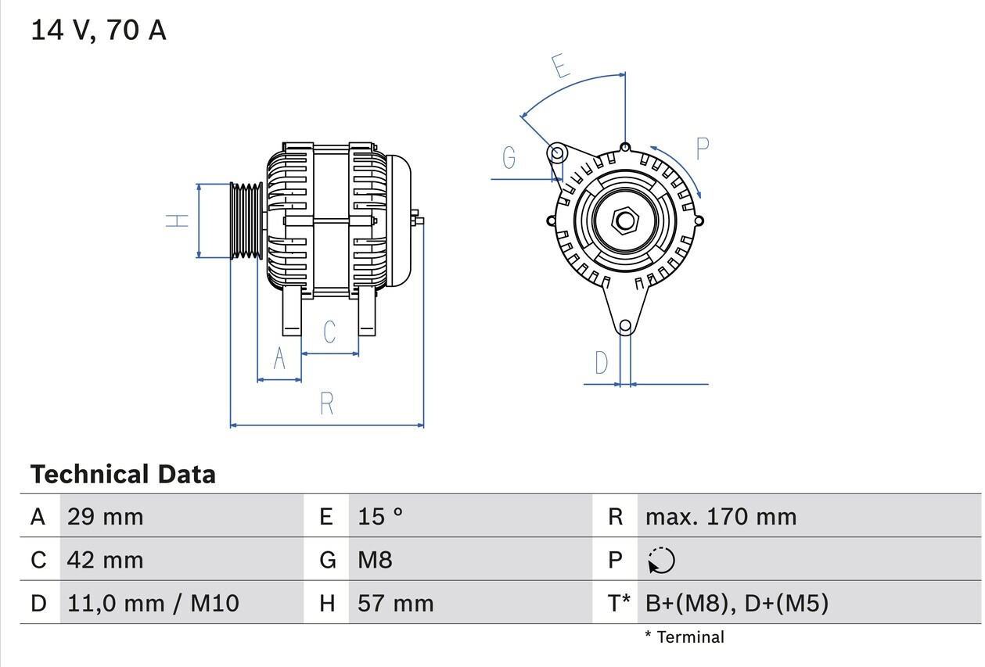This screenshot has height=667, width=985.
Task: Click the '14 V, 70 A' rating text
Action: point(99,30)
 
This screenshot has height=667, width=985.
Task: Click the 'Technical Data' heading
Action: point(123,474)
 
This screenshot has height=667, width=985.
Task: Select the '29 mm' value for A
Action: point(105,516)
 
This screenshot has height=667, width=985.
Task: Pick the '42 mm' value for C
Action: point(105,560)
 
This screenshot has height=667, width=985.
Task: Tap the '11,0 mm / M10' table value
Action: point(153,603)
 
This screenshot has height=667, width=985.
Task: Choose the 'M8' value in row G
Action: point(375,560)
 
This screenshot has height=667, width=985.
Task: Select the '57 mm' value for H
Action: point(395,603)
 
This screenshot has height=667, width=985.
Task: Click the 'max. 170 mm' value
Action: point(721,516)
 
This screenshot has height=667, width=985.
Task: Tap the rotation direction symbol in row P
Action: point(661,561)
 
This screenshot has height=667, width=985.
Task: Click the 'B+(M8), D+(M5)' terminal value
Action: point(736,603)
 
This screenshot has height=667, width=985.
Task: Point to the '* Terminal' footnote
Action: point(685,637)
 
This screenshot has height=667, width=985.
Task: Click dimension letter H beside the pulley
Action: point(178,221)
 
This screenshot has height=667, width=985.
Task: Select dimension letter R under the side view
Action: point(327,403)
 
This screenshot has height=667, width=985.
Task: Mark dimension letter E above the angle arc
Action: point(560,68)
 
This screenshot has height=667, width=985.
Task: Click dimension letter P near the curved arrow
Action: point(702,148)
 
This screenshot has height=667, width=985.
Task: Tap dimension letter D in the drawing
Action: point(601,363)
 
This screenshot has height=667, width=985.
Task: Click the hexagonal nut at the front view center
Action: point(624,221)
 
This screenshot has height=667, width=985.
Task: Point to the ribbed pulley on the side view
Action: point(246,221)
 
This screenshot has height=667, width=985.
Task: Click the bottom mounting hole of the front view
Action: point(625,326)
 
